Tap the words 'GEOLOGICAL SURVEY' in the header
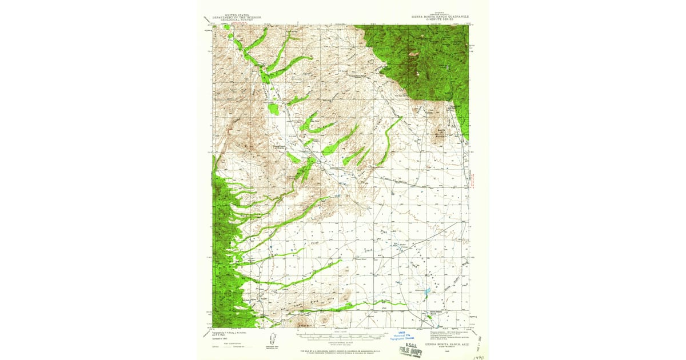click(x=237, y=21)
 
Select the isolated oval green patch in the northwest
click(x=274, y=109)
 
